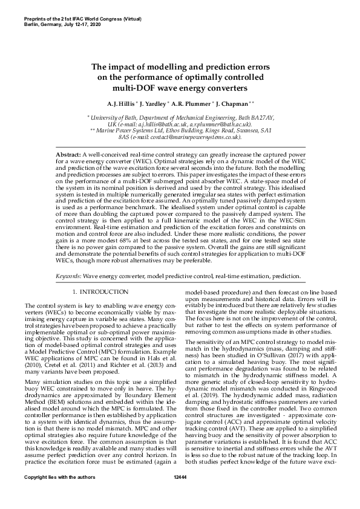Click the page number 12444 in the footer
pos(180,494)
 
